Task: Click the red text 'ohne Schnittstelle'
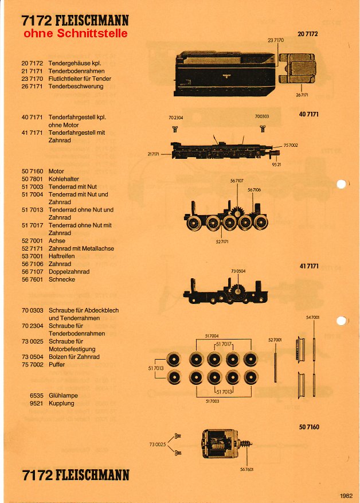click(75, 34)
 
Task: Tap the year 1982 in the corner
click(346, 496)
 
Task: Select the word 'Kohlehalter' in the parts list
click(64, 179)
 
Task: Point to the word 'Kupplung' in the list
click(61, 403)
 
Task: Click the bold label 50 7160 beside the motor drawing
click(309, 427)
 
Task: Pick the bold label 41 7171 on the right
click(309, 266)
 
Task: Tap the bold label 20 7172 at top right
click(308, 34)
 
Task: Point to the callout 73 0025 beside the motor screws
click(157, 444)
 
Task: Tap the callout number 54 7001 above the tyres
click(313, 317)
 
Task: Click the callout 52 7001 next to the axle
click(275, 340)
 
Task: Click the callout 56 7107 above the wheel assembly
click(237, 180)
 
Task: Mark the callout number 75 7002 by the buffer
click(291, 145)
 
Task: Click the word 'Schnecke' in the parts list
click(62, 279)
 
